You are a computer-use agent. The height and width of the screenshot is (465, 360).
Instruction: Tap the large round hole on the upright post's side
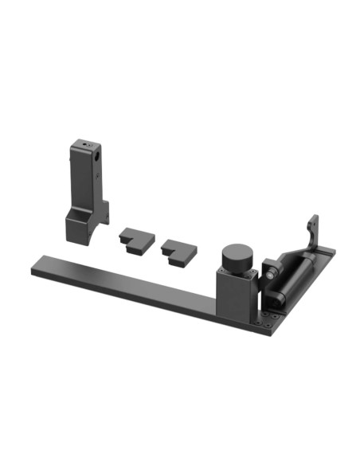click(96, 158)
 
